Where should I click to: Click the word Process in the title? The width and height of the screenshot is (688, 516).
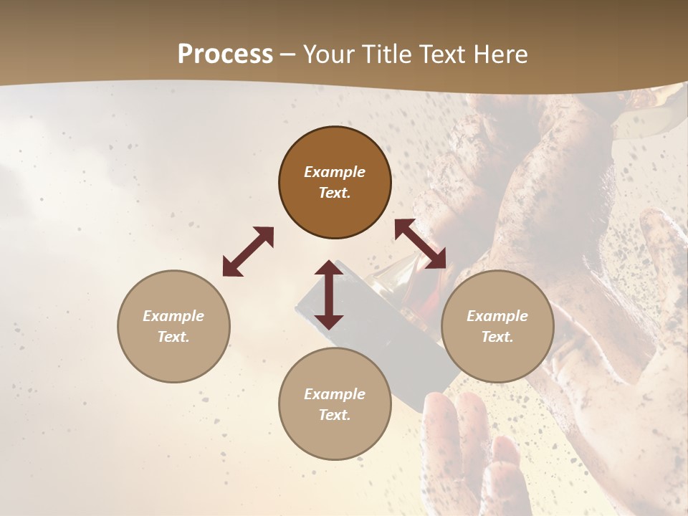(x=225, y=54)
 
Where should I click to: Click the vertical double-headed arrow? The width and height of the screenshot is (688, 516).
(x=329, y=295)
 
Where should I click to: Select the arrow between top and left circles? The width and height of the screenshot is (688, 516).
(x=248, y=252)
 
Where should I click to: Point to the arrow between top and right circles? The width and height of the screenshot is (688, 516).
(x=420, y=244)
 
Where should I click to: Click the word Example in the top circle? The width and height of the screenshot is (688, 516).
(x=335, y=172)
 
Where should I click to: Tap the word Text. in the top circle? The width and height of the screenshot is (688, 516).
(x=335, y=193)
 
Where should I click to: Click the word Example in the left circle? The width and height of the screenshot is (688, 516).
(x=173, y=316)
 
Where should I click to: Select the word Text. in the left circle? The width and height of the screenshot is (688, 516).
(x=173, y=337)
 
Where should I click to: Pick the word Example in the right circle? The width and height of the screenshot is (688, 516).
(x=497, y=316)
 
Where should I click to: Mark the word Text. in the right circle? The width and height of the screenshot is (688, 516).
(x=497, y=337)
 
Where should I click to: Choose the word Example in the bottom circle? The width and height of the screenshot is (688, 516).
(x=335, y=394)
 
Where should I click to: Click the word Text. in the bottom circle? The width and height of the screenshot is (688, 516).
(x=335, y=415)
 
